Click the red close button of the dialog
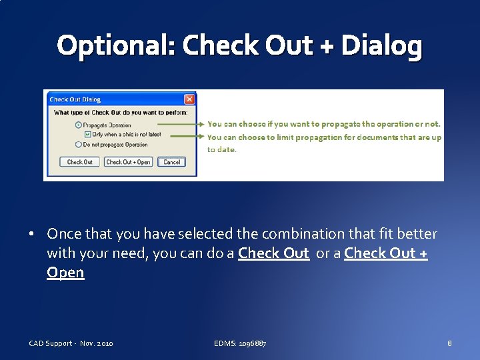coord(189,99)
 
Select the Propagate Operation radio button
coord(79,125)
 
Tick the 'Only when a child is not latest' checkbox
coord(88,135)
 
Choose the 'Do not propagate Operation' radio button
coord(79,144)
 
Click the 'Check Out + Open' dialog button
coord(129,162)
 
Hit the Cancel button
coord(172,162)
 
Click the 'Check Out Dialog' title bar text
coord(75,99)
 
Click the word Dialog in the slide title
coord(381,46)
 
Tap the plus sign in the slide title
coord(325,46)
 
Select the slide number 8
coord(450,343)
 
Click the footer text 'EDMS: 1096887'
coord(240,343)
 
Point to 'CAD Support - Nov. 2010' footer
coord(71,343)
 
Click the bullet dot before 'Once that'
coord(32,235)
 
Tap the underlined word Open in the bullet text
coord(65,273)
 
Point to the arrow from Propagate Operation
coord(180,124)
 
